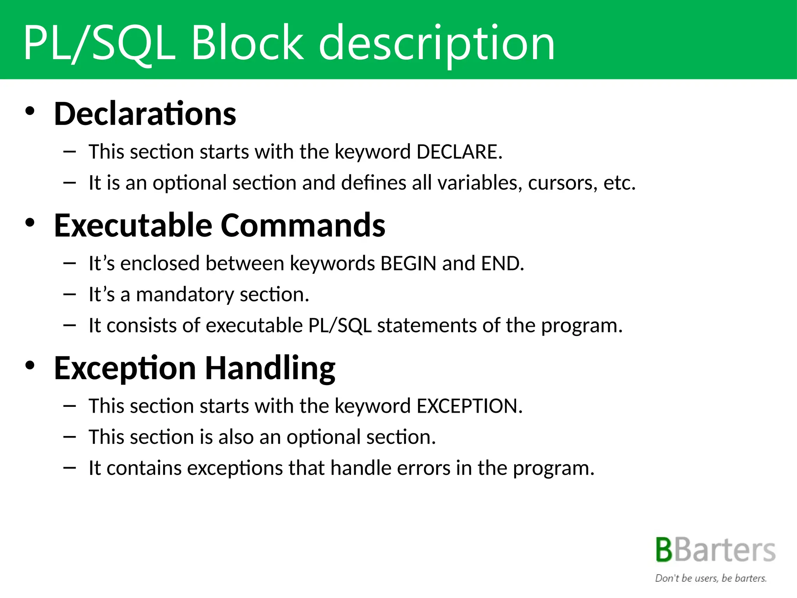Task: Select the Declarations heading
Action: [145, 114]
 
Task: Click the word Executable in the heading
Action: [133, 225]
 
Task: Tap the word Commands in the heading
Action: [303, 225]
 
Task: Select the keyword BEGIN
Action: [408, 263]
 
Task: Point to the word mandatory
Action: [185, 295]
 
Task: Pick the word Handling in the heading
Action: [270, 368]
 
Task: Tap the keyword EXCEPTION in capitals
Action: [469, 406]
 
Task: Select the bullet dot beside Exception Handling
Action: [30, 365]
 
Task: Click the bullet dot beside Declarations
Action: [30, 111]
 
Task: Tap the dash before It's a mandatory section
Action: [69, 294]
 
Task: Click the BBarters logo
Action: [715, 550]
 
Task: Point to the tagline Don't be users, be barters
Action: [711, 578]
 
